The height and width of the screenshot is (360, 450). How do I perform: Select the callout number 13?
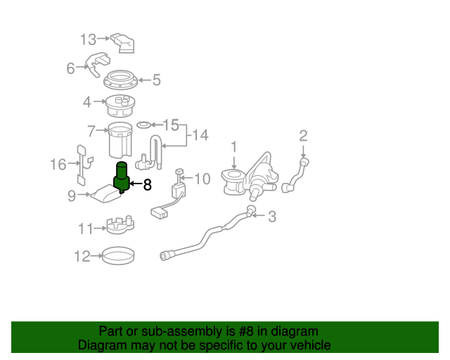(x=88, y=39)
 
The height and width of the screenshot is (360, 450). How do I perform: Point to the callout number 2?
(x=304, y=136)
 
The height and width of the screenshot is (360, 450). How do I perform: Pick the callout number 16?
(x=58, y=165)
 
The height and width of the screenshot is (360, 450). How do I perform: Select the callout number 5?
(x=156, y=80)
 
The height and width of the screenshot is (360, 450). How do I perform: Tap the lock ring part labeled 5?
(x=124, y=80)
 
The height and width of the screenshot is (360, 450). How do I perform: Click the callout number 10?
(x=202, y=179)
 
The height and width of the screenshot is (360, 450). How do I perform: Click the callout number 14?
(x=200, y=135)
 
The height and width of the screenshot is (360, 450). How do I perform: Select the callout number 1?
(x=234, y=147)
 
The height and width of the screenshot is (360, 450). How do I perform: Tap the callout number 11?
(x=85, y=229)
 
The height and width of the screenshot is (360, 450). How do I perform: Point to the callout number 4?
(x=87, y=102)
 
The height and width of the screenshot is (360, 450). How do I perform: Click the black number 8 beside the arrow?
(x=147, y=186)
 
